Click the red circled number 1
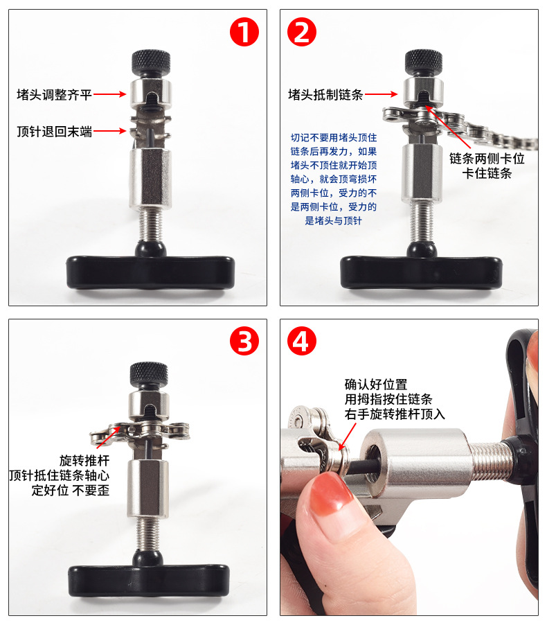[244, 32]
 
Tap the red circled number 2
[302, 32]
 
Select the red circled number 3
[244, 341]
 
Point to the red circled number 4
[302, 341]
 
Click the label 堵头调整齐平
[54, 94]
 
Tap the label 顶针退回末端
[54, 131]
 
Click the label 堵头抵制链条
[325, 94]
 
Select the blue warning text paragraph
[334, 179]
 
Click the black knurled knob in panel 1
[151, 62]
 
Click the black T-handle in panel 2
[421, 272]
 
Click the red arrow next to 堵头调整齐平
[110, 94]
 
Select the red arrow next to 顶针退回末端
[110, 131]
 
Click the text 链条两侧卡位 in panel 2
[487, 158]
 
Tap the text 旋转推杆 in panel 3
[84, 460]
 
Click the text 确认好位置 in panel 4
[376, 385]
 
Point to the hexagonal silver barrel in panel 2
[422, 173]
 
